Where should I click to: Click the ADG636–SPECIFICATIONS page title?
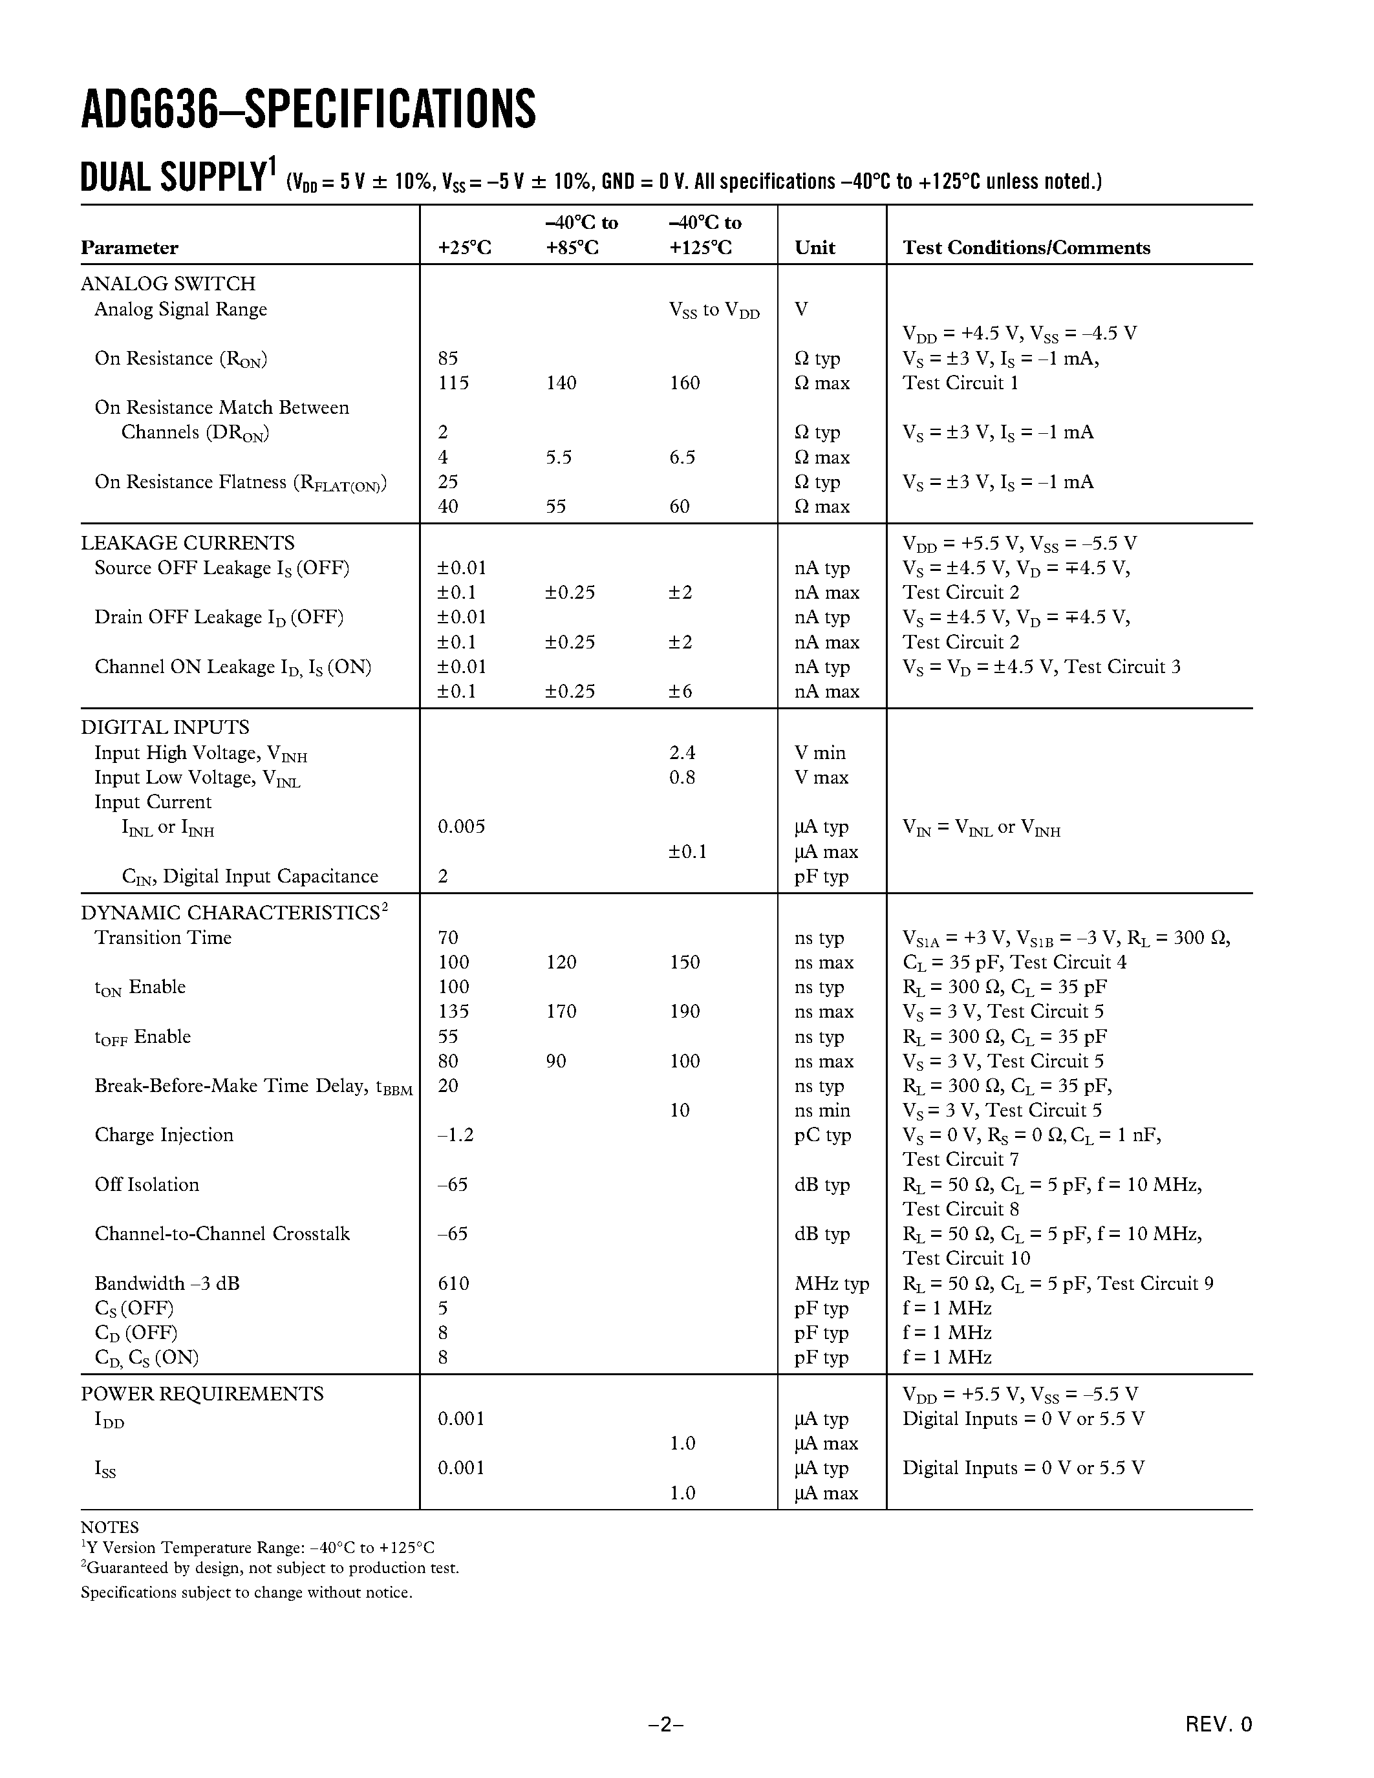pos(308,110)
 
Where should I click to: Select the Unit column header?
pos(815,248)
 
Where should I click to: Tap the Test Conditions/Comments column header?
pos(1025,248)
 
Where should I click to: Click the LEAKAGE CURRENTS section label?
pos(188,543)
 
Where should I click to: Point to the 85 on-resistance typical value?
pos(447,358)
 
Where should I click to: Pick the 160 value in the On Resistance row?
pos(685,383)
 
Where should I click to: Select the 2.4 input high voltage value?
pos(682,752)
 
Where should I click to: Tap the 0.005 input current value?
pos(461,826)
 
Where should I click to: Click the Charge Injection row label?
pos(164,1135)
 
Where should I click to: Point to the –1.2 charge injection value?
pos(455,1135)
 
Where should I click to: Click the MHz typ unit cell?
pos(831,1284)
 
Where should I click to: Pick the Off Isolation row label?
pos(147,1184)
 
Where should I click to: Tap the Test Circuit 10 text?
pos(965,1259)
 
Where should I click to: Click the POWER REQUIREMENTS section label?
pos(202,1394)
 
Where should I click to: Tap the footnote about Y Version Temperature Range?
pos(257,1548)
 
